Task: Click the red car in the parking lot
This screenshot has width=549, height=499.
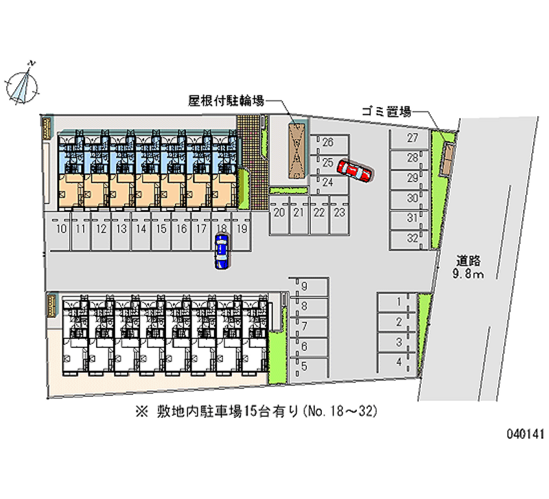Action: (x=355, y=172)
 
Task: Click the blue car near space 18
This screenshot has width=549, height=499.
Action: (x=222, y=251)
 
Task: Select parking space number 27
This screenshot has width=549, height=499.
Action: (x=412, y=138)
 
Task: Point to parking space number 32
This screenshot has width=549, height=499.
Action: (x=412, y=238)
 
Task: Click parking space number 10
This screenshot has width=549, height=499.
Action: (x=62, y=229)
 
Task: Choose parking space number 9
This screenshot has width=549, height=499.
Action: (x=304, y=286)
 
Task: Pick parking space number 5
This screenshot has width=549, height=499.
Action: (x=304, y=366)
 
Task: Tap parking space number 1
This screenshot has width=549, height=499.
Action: (x=398, y=302)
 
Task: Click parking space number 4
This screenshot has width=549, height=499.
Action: (x=398, y=362)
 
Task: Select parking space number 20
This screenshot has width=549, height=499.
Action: (x=279, y=213)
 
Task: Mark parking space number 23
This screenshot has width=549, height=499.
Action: (x=338, y=213)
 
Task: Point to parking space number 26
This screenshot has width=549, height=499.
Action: (x=328, y=143)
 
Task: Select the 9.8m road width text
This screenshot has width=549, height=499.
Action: (x=470, y=275)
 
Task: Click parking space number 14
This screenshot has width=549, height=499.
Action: (x=141, y=229)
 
